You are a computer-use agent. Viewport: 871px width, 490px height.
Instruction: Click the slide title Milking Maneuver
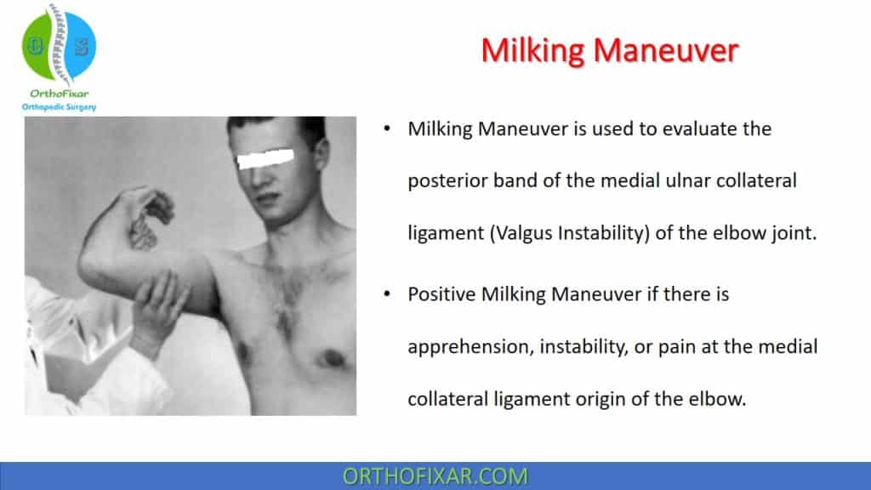tap(609, 51)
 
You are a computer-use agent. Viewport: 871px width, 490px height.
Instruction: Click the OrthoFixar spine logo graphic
tap(59, 46)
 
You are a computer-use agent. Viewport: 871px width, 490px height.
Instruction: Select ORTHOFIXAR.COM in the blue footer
tap(435, 476)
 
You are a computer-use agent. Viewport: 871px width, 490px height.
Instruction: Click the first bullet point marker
tap(388, 130)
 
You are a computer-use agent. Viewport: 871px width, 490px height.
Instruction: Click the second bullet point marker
tap(388, 295)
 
